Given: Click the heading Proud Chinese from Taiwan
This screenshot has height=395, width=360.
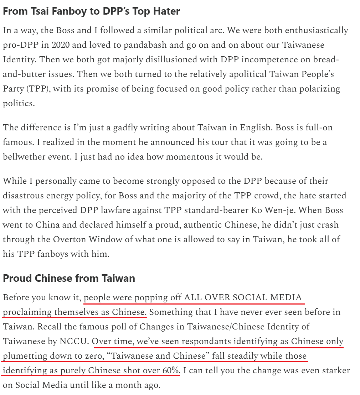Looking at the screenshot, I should tap(69, 278).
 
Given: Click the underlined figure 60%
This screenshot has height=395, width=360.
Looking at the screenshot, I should tap(170, 370).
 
